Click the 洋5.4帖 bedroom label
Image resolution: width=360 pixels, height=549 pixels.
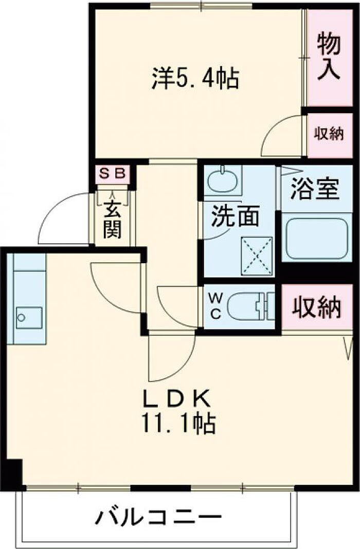pyautogui.click(x=195, y=79)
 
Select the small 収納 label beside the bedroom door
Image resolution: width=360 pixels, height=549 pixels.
pyautogui.click(x=329, y=134)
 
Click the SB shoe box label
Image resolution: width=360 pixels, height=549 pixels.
pyautogui.click(x=112, y=173)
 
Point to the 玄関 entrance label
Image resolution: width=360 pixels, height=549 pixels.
pyautogui.click(x=112, y=221)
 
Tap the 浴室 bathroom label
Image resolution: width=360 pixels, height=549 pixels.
pyautogui.click(x=315, y=189)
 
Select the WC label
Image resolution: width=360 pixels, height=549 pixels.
pyautogui.click(x=215, y=306)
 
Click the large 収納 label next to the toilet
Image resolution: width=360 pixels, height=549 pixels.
pyautogui.click(x=317, y=307)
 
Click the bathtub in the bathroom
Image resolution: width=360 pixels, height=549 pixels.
pyautogui.click(x=317, y=239)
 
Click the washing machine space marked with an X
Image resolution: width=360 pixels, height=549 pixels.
pyautogui.click(x=257, y=255)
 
